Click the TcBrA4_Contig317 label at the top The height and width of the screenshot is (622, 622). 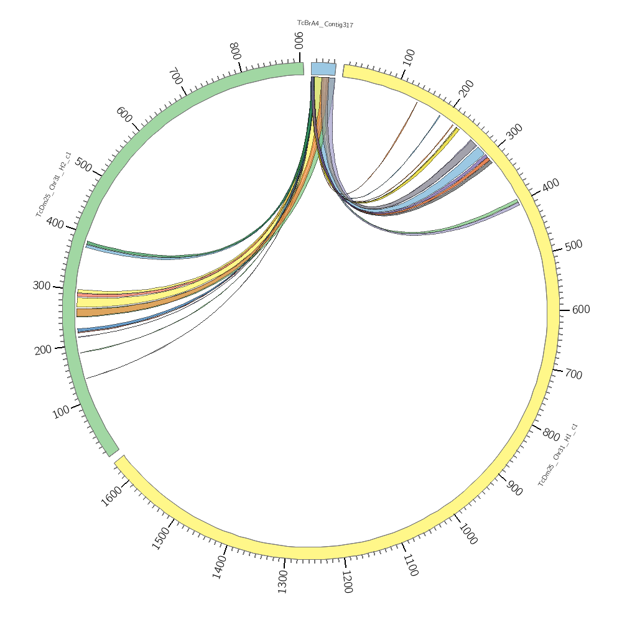[325, 24]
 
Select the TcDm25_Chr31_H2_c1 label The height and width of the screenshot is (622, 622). [53, 185]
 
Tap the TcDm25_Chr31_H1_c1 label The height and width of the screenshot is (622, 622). [558, 455]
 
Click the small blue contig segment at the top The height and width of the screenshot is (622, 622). [323, 68]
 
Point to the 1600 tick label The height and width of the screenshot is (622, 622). [112, 497]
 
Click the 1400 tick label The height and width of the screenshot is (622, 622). [220, 567]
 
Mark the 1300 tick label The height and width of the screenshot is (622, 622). [282, 581]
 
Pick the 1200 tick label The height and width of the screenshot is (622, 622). [346, 581]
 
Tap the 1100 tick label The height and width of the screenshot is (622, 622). [410, 565]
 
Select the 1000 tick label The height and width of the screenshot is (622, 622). [468, 534]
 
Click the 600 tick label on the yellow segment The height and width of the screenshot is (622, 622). [580, 310]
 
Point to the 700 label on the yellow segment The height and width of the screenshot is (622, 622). [573, 374]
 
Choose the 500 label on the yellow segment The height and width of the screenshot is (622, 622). [573, 245]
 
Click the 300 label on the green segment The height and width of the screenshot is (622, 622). [42, 285]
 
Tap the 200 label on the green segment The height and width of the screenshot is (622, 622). [43, 350]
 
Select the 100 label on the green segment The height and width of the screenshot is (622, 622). [61, 412]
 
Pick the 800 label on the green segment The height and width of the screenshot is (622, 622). [234, 51]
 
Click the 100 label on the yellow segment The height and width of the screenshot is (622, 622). [409, 58]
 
